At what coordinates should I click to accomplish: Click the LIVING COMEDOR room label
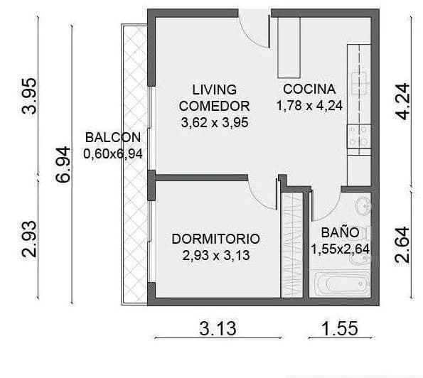coord(214,97)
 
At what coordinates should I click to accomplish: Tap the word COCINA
coord(309,90)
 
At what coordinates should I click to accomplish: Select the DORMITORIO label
coord(215,239)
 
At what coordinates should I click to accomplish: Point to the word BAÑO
coord(335,232)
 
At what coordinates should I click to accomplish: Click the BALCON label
coord(112,137)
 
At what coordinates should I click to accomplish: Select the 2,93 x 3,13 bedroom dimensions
coord(215,256)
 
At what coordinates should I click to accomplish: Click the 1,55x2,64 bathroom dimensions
coord(341,249)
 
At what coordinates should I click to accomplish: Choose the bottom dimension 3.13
coord(218,329)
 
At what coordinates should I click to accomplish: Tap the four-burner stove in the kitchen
coord(358,136)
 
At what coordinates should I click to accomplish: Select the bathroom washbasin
coord(362,206)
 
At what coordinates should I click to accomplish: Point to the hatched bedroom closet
coord(292,244)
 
